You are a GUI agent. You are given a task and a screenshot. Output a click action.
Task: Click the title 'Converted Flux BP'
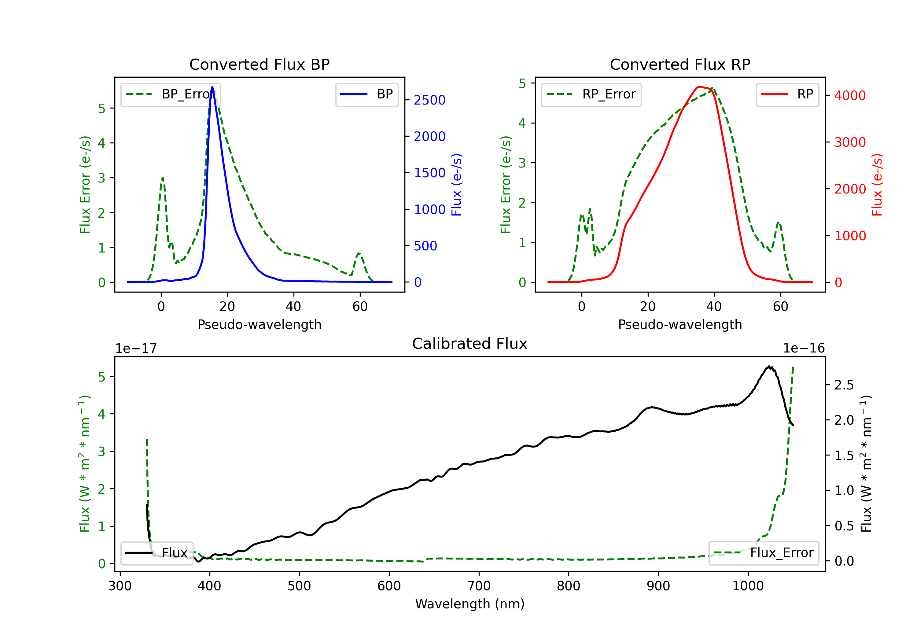click(259, 64)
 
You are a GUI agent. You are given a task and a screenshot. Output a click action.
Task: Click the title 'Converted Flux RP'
click(680, 64)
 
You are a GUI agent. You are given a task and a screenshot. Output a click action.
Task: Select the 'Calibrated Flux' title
click(470, 344)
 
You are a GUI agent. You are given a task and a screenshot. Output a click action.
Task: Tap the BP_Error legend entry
click(171, 94)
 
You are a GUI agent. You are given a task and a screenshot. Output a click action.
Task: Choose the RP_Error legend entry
click(591, 94)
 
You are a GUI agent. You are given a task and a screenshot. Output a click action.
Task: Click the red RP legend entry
click(787, 94)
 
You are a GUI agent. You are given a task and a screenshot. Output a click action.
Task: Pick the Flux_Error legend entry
click(764, 553)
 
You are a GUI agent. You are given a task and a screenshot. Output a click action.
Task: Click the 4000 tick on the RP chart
click(850, 95)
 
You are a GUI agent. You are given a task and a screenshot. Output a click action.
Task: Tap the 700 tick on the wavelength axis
click(478, 586)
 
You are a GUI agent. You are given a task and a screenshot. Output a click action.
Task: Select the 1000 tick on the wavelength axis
click(748, 586)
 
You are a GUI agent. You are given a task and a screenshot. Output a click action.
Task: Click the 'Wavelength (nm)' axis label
click(470, 604)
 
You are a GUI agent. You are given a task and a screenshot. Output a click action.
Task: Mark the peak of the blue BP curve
click(212, 87)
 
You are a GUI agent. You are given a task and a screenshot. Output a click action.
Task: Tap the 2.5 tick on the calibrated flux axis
click(844, 385)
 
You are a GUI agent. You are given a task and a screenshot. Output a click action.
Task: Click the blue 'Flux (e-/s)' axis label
click(456, 185)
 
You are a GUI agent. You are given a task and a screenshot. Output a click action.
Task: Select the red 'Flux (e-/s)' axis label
click(877, 185)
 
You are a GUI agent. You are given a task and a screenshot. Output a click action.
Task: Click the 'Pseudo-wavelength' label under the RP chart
click(680, 324)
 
